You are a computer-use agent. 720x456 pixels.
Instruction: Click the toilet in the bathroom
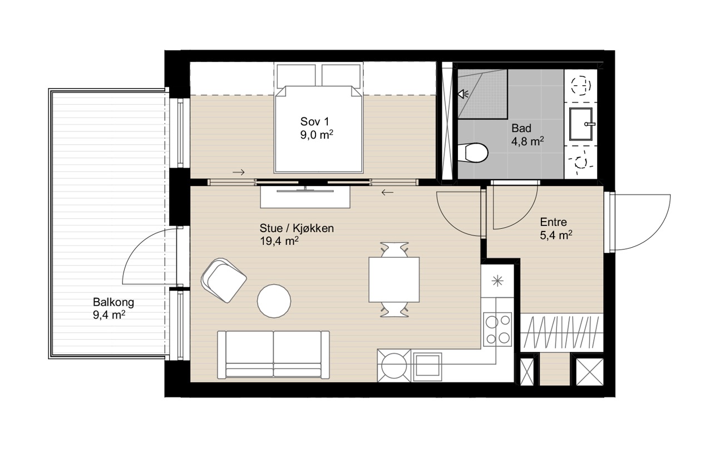coord(472,153)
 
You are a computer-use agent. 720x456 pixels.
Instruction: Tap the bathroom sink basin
coord(581,124)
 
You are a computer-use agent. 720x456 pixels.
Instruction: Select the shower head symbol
coord(463,94)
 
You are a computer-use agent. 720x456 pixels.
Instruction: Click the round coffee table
coord(274,301)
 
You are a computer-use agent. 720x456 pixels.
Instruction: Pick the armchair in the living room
coord(224,280)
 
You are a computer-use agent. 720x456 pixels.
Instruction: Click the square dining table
coord(394,280)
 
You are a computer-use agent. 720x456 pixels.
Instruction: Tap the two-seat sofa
coord(274,355)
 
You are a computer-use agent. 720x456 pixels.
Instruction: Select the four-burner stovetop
coord(497,329)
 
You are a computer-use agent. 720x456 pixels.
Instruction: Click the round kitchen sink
coord(394,366)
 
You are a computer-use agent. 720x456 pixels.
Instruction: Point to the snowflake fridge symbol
coord(497,281)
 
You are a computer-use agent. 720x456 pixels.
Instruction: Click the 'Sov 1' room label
coord(315,121)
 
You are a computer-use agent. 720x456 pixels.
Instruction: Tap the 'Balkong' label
coord(114,302)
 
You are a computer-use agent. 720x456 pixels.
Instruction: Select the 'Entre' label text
coord(554,222)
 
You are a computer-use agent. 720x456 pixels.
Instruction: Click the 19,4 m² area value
coord(279,241)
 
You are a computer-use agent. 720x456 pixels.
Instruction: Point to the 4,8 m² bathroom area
coord(527,141)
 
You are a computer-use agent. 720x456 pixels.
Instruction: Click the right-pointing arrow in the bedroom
coord(239,173)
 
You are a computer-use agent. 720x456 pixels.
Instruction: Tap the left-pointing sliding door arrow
coord(387,193)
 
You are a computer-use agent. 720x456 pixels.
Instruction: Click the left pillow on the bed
coord(296,76)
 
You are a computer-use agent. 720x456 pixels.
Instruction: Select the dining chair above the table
coord(394,249)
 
